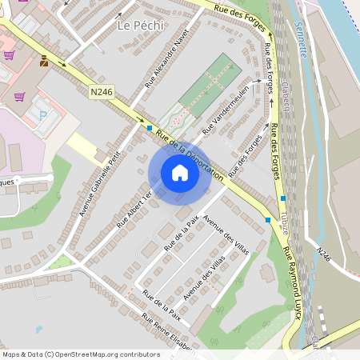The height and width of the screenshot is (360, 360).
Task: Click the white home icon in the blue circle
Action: coord(180,173)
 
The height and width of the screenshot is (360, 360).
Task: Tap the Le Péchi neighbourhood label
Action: coord(140,26)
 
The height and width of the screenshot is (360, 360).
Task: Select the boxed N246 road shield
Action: coord(101,93)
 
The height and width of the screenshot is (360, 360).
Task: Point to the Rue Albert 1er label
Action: coord(134,210)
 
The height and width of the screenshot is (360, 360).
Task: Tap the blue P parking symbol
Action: coord(43,115)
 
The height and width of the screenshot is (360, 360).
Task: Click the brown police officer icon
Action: coord(43,60)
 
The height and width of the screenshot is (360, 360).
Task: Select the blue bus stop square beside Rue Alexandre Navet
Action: coord(149,127)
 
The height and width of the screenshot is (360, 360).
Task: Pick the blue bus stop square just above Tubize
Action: coord(282,198)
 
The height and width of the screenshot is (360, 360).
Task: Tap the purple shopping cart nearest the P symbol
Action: coord(19,96)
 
